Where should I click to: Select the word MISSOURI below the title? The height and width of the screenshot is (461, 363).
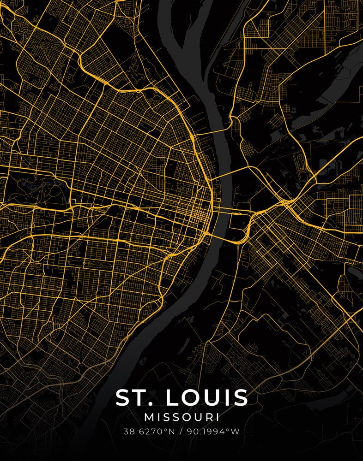click(181, 417)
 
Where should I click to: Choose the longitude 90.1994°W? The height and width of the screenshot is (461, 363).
click(213, 432)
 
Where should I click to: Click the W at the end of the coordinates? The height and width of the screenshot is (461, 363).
click(236, 432)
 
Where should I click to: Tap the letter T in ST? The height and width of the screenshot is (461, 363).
click(141, 397)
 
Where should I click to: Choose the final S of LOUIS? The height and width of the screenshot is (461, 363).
click(241, 397)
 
